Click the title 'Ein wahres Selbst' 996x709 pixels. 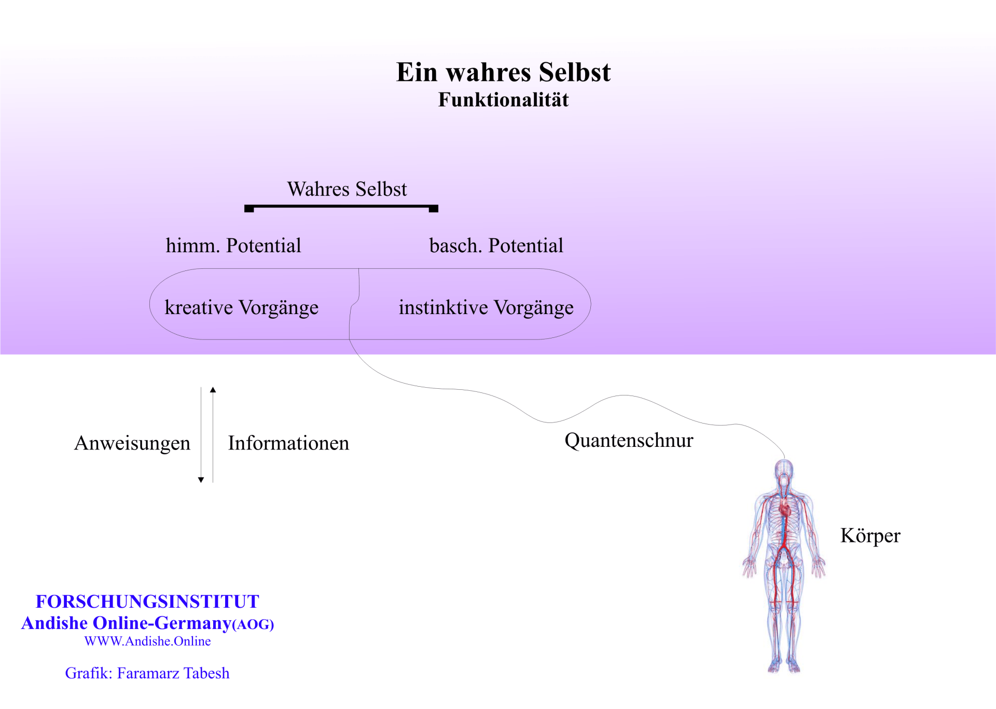503,72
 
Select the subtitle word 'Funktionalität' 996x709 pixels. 503,100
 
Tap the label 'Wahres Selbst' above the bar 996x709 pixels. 347,189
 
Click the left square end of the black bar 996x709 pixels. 249,209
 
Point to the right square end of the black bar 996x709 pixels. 434,209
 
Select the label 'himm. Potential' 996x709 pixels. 233,246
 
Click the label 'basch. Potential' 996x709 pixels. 496,246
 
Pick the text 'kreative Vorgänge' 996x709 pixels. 242,307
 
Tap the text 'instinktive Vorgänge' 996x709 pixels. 486,307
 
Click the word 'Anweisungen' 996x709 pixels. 132,443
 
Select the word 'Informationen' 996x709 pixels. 288,443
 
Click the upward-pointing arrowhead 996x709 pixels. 213,390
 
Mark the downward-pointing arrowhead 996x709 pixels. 201,480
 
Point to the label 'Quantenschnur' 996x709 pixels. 629,440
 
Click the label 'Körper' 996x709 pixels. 870,536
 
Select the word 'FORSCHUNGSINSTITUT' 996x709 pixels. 147,602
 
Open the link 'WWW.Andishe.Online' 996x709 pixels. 147,642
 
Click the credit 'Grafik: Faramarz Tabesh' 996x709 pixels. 147,673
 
